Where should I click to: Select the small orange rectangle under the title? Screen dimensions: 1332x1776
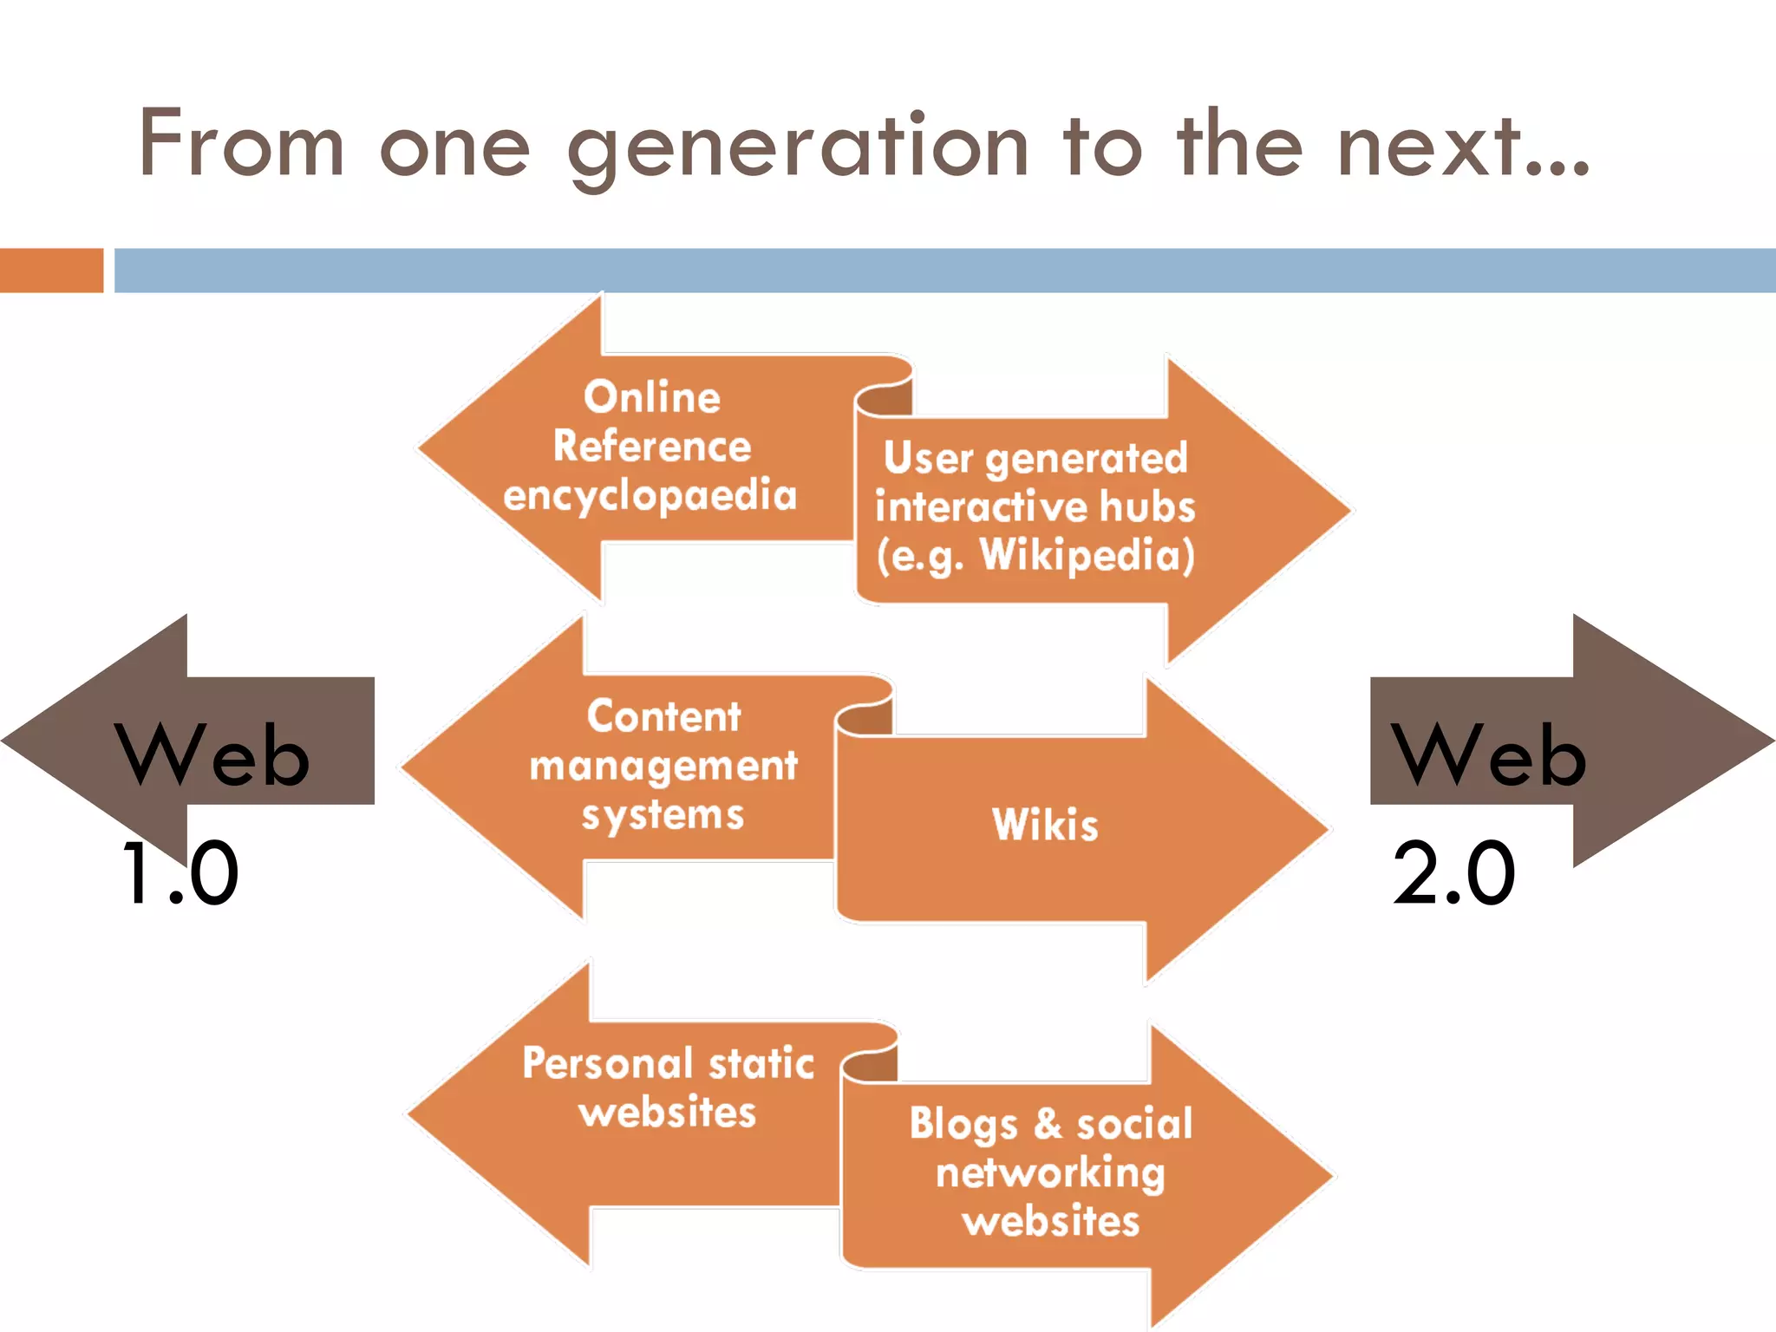(x=51, y=270)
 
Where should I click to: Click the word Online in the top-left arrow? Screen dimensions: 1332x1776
(x=652, y=397)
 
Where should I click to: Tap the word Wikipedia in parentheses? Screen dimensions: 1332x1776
(x=1086, y=555)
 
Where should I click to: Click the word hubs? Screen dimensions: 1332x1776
(x=1148, y=506)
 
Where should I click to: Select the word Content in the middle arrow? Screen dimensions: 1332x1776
(x=664, y=716)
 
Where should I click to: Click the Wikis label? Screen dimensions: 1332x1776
(x=1046, y=824)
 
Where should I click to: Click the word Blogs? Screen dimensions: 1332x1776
(x=963, y=1125)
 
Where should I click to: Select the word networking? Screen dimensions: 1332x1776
(x=1050, y=1173)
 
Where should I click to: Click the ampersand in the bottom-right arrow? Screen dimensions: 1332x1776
(x=1048, y=1124)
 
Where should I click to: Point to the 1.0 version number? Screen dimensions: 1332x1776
(x=180, y=873)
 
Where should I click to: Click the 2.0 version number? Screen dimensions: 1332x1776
(x=1454, y=873)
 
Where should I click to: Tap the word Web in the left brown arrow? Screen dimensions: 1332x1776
(x=212, y=754)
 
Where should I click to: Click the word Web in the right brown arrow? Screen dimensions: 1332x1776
(x=1489, y=754)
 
